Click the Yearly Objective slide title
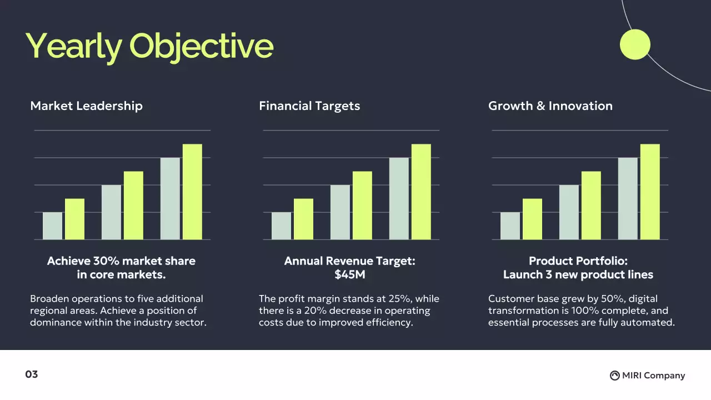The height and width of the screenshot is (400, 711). (x=149, y=46)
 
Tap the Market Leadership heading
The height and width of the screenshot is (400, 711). (x=86, y=106)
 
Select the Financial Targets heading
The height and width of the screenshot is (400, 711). (x=309, y=106)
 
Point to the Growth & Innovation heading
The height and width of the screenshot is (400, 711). (x=550, y=106)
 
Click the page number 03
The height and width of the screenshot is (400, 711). (x=32, y=374)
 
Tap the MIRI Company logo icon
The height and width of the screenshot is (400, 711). (x=614, y=376)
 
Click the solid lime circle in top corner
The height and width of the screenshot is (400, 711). (x=635, y=44)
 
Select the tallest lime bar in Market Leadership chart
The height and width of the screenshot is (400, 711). (x=192, y=192)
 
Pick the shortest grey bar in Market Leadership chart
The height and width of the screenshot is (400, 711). (x=53, y=226)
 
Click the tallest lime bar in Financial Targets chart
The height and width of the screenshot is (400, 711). (x=421, y=192)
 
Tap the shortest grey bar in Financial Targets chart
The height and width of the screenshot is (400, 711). (x=282, y=226)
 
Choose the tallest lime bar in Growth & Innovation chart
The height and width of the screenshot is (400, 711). (x=650, y=192)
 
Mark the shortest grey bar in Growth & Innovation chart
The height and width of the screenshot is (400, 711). (x=510, y=226)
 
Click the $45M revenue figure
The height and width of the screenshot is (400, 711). (x=349, y=274)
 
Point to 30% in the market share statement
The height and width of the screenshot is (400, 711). (x=107, y=261)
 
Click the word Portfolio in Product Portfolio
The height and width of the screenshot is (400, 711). (x=599, y=261)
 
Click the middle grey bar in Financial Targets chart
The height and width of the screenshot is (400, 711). (x=340, y=212)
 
